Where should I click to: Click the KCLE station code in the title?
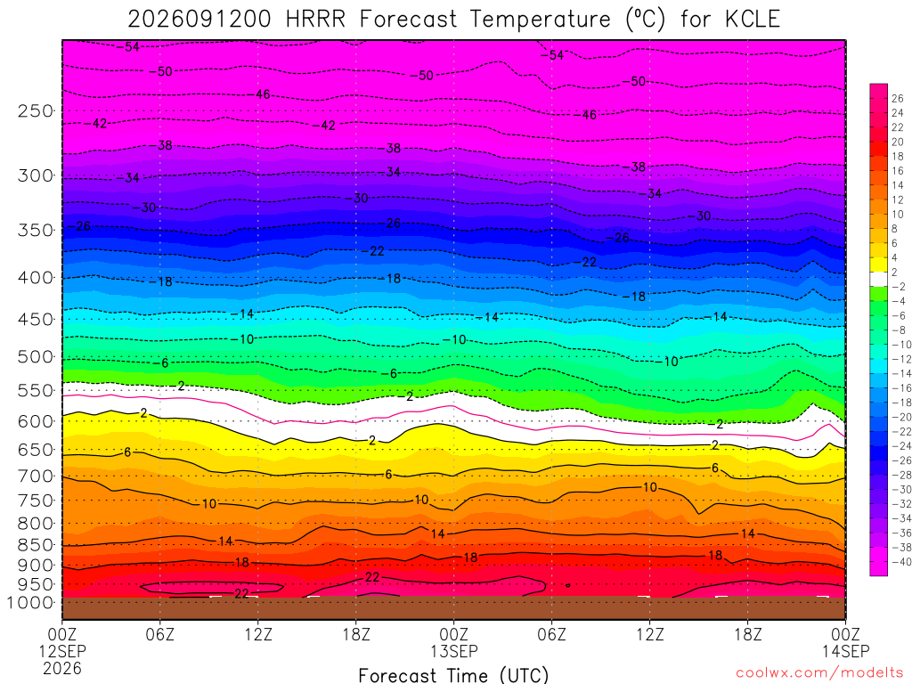click(x=752, y=20)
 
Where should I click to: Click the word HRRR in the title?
click(x=316, y=20)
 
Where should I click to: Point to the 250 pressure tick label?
click(x=36, y=110)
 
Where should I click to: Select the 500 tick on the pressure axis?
click(x=36, y=356)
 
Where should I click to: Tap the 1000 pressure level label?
click(x=30, y=603)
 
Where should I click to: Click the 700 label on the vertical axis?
click(x=36, y=476)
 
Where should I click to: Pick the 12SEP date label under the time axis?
click(x=62, y=651)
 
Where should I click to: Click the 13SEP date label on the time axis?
click(x=454, y=651)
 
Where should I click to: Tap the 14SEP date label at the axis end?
click(x=846, y=651)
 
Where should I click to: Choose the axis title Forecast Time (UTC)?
click(x=453, y=675)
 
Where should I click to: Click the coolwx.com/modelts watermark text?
click(x=819, y=672)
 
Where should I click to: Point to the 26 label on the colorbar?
click(x=898, y=98)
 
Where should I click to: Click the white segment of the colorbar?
click(x=879, y=279)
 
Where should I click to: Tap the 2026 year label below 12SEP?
click(x=62, y=668)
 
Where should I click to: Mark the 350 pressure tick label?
click(x=36, y=231)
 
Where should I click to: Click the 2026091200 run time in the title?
click(x=199, y=20)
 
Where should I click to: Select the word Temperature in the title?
click(x=541, y=20)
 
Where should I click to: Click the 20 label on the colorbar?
click(x=898, y=142)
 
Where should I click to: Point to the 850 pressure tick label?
click(x=36, y=545)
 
